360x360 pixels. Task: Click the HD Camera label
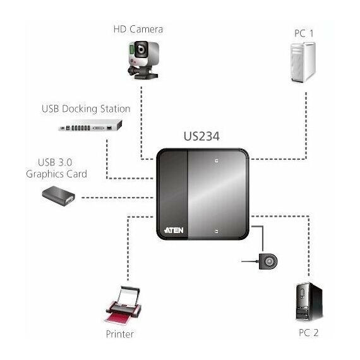click(x=138, y=29)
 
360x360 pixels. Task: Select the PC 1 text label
click(x=304, y=33)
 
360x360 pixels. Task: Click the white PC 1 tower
click(x=303, y=63)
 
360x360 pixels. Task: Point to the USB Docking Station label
click(x=86, y=109)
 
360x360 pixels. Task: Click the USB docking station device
click(x=90, y=125)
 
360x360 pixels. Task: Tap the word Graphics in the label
click(x=45, y=174)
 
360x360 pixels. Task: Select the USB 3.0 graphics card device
click(x=59, y=196)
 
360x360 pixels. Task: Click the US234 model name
click(x=201, y=136)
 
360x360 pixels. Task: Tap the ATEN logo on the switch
click(x=174, y=230)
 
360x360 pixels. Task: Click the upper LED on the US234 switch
click(x=216, y=160)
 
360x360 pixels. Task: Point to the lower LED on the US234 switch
click(x=216, y=231)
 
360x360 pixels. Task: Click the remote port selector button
click(x=268, y=261)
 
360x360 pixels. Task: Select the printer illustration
click(x=124, y=305)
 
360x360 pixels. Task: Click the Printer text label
click(x=119, y=334)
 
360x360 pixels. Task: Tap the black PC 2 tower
click(x=309, y=302)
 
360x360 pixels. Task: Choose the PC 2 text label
click(x=309, y=333)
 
